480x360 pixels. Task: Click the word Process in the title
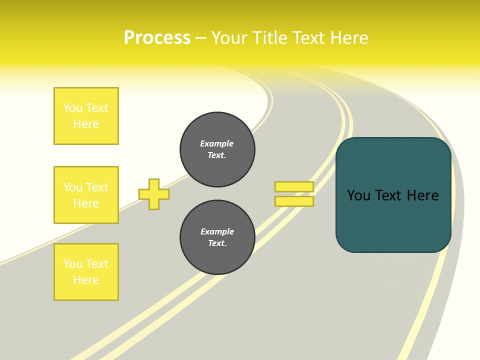point(157,38)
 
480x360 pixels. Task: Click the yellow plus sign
point(154,194)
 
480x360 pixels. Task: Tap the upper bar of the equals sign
point(294,186)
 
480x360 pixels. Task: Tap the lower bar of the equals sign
point(294,201)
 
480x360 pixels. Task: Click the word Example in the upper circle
point(216,143)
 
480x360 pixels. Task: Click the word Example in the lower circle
point(217,231)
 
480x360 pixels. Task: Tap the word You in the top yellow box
point(73,108)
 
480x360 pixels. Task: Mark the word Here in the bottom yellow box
point(86,280)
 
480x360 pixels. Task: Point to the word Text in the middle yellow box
point(97,187)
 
